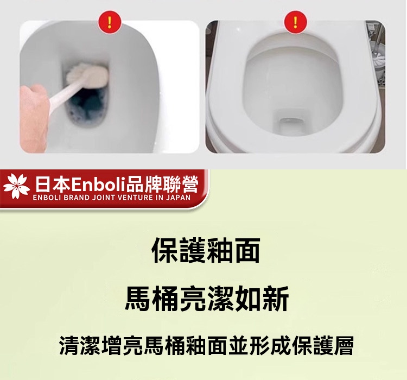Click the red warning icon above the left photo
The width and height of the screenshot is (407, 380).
click(x=110, y=22)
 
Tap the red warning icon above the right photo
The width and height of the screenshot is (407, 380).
click(x=296, y=22)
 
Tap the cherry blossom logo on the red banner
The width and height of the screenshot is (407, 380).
click(x=17, y=186)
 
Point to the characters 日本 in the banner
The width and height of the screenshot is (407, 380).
click(x=53, y=185)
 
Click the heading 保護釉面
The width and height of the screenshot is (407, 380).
click(x=206, y=251)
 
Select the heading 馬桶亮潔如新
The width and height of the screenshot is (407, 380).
click(x=207, y=298)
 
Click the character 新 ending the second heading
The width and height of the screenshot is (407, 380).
click(x=276, y=298)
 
